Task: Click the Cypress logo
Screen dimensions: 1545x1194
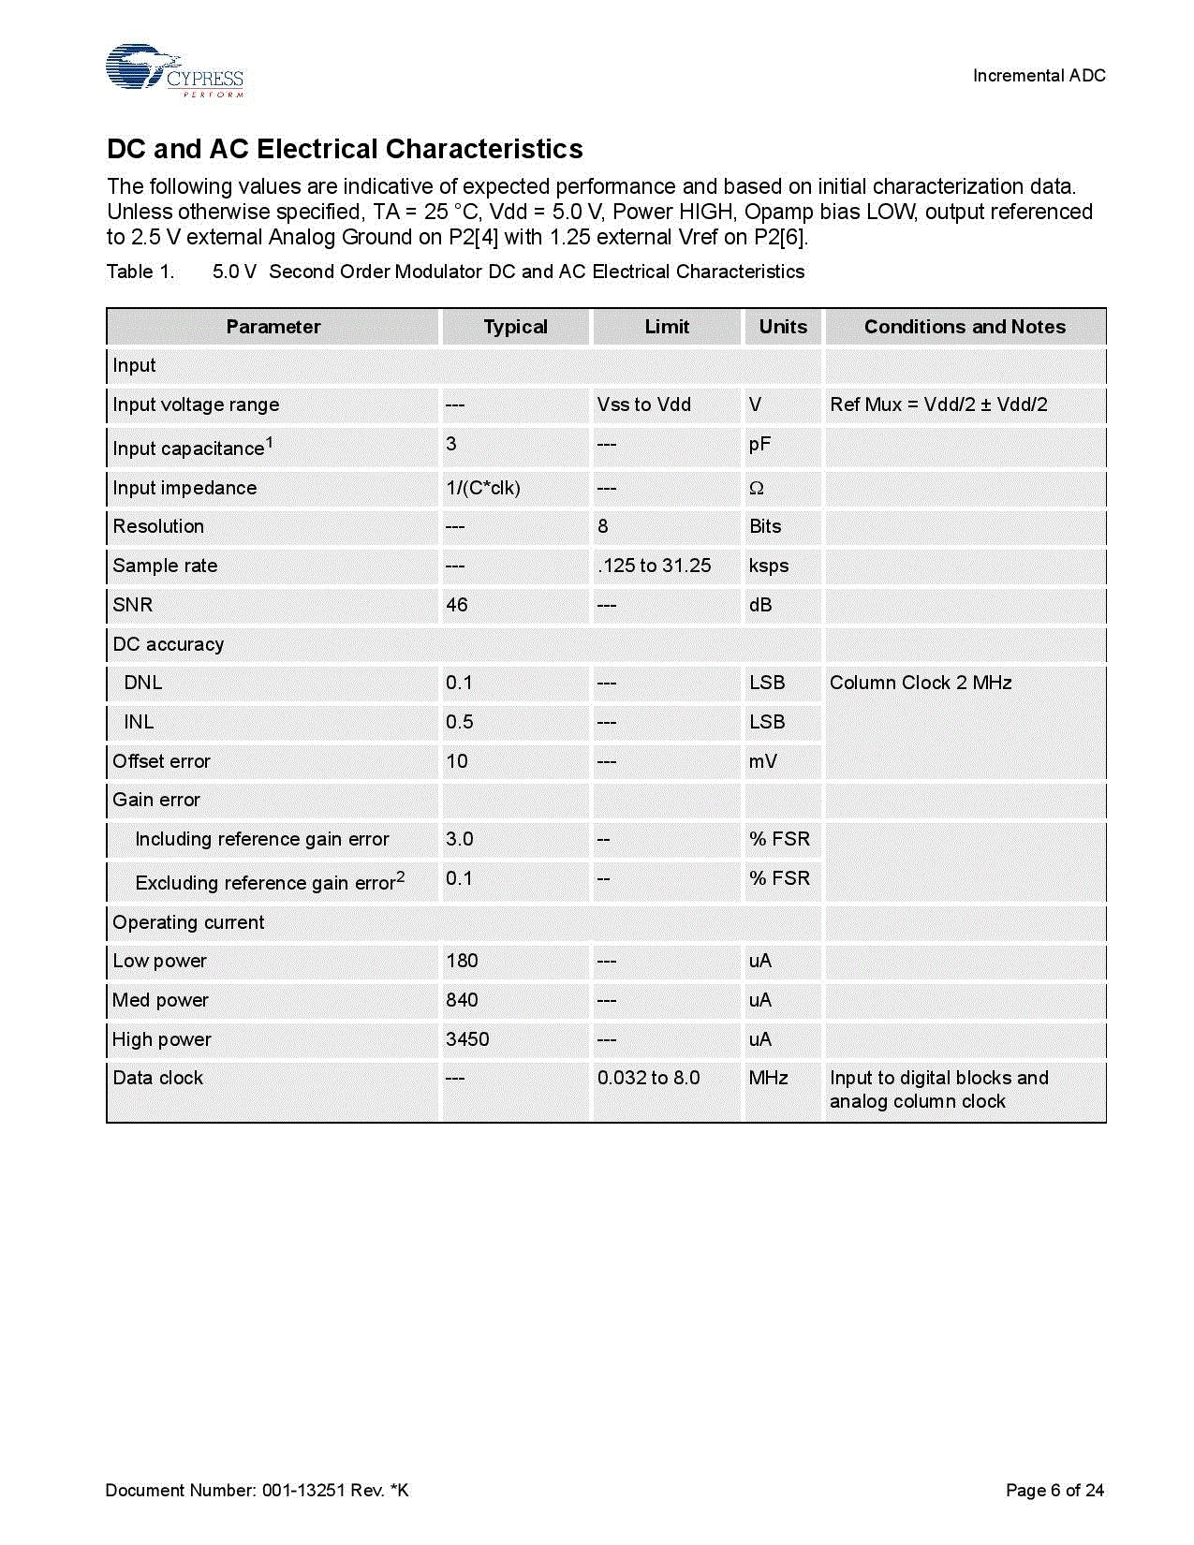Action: (174, 70)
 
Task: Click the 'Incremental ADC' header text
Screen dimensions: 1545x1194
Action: (1039, 76)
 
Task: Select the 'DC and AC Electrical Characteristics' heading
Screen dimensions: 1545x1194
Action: (345, 149)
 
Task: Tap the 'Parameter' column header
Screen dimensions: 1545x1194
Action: (273, 327)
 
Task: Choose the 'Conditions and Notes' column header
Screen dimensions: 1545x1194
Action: (965, 327)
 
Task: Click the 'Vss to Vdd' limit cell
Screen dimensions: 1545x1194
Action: (643, 405)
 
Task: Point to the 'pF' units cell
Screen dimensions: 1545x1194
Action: (759, 444)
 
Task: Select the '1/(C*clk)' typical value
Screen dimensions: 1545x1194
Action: (483, 488)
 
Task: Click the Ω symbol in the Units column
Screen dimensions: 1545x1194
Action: (757, 488)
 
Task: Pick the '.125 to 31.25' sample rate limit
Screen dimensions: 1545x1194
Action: (654, 566)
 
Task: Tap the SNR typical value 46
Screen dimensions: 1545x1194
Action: (457, 605)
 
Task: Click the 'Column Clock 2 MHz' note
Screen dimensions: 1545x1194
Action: (921, 683)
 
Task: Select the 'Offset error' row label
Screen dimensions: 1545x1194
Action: (161, 761)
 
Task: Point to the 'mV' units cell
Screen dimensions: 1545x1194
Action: (762, 761)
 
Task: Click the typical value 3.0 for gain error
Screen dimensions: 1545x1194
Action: (460, 839)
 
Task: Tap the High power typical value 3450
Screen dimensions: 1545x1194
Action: (467, 1039)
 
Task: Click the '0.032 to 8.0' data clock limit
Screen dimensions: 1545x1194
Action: (648, 1078)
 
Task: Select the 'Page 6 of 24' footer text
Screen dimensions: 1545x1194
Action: (1054, 1490)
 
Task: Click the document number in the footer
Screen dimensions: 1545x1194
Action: (257, 1490)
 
